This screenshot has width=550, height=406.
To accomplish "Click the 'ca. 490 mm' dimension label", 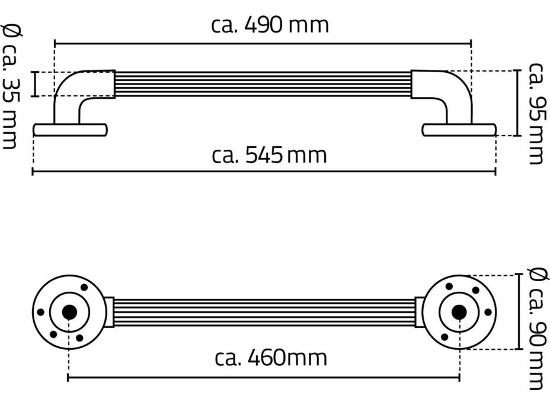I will point(270,25).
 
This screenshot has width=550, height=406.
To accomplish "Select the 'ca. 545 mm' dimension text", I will point(270,156).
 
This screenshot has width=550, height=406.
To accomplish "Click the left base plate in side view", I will point(70,130).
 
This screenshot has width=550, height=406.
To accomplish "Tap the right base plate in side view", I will point(459,130).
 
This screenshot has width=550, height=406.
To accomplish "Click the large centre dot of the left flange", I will point(69,312).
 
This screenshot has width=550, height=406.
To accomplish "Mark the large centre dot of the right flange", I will point(458,312).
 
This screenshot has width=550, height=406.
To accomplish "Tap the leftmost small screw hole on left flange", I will point(40,312).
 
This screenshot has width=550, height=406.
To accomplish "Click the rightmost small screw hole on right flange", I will point(488,312).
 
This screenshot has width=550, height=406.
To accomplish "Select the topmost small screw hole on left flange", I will point(84,287).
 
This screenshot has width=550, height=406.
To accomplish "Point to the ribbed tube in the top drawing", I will point(264,84).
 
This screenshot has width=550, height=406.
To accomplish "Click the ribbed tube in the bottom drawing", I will point(264,312).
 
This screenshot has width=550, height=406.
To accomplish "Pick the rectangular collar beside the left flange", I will point(109,312).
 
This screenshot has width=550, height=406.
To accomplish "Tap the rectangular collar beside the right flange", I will point(420,312).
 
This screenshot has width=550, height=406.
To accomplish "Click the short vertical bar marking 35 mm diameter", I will point(35,84).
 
